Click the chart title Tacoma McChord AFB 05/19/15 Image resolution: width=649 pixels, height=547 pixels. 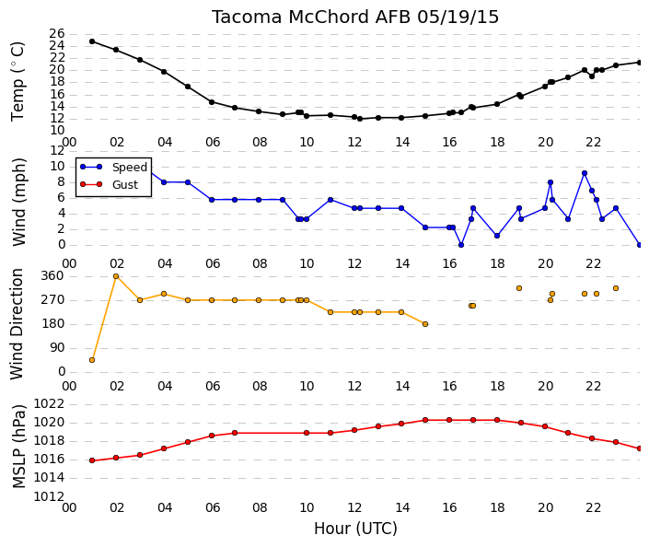(x=355, y=17)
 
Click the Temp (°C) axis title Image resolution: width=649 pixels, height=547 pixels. (x=17, y=82)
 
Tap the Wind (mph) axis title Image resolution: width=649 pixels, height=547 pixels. (x=19, y=202)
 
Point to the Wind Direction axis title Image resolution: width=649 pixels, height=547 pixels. (x=17, y=324)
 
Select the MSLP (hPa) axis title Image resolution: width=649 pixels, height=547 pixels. (x=19, y=446)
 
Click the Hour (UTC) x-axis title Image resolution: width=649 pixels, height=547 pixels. (x=355, y=529)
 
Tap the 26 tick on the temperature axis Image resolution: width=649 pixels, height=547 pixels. (x=57, y=33)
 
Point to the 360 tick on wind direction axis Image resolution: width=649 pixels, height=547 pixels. (x=53, y=276)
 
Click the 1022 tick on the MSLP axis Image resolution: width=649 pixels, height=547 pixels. (x=49, y=403)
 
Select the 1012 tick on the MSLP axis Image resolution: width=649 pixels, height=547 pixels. (x=49, y=496)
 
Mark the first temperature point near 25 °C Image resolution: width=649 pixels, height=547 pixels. (x=92, y=41)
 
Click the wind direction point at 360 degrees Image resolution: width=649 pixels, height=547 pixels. (x=116, y=276)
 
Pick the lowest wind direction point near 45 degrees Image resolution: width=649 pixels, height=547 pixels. (x=92, y=360)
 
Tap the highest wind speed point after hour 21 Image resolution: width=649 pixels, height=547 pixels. (x=585, y=173)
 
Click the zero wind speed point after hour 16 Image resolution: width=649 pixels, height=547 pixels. (x=461, y=245)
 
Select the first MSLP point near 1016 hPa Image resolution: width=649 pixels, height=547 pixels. (x=92, y=460)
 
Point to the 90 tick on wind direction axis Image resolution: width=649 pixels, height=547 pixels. (x=57, y=348)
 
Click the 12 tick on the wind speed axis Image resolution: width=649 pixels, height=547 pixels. (x=57, y=150)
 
